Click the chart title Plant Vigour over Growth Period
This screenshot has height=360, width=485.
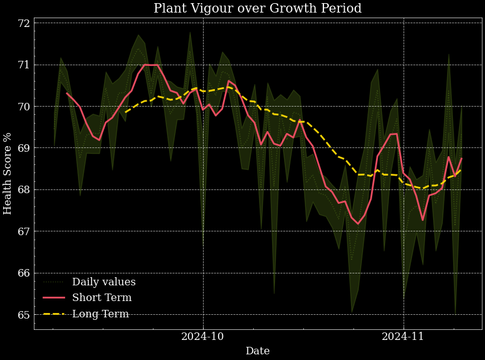click(258, 9)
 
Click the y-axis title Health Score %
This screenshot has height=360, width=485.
click(8, 173)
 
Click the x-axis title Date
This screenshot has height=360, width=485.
click(258, 351)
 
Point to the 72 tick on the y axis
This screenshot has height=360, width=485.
click(24, 23)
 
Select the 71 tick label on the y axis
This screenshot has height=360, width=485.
click(24, 65)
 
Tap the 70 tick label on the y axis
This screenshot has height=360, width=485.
click(24, 107)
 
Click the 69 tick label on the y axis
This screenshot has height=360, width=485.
click(24, 148)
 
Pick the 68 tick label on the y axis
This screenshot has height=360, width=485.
click(24, 189)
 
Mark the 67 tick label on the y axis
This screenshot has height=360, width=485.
click(24, 231)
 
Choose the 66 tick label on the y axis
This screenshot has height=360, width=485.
click(24, 273)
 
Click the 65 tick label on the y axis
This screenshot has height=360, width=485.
click(24, 315)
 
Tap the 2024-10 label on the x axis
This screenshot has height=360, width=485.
click(202, 337)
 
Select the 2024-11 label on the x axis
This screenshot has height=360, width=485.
click(403, 337)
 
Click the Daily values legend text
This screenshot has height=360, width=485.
click(103, 282)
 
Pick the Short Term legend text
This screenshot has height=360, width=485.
click(102, 298)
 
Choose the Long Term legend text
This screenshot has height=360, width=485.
click(100, 314)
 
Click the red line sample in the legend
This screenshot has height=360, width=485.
click(54, 298)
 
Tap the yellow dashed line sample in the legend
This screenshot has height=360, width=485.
click(54, 314)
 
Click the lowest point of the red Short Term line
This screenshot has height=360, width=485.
click(358, 224)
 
